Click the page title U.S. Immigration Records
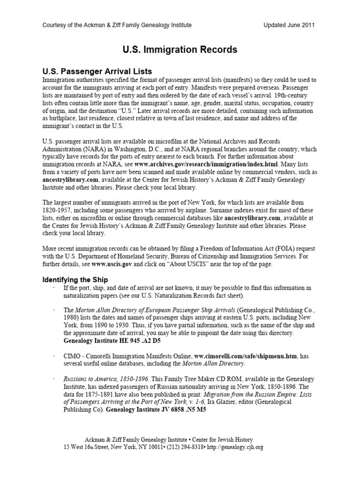[x=180, y=49]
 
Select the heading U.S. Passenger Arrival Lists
[x=97, y=72]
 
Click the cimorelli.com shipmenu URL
[x=246, y=356]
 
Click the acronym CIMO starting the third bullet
[x=71, y=356]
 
